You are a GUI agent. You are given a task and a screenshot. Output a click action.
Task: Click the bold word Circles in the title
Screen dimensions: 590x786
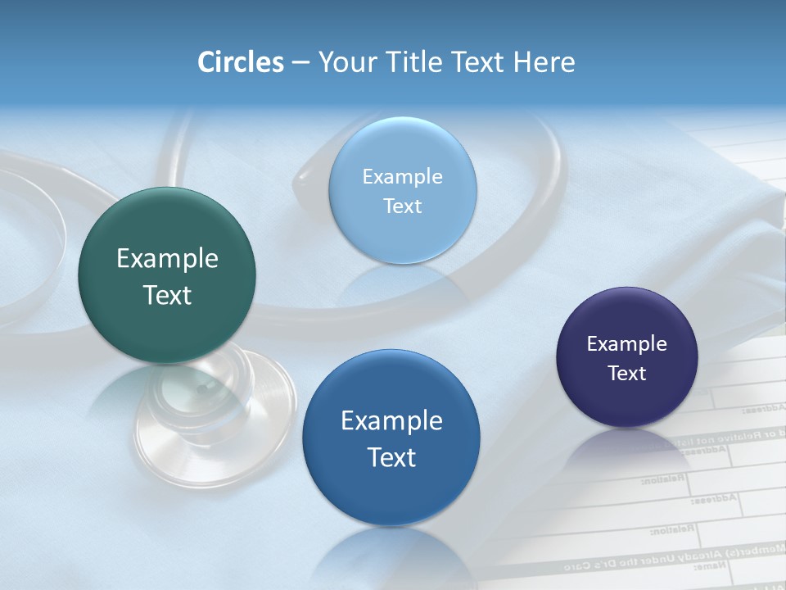tap(241, 62)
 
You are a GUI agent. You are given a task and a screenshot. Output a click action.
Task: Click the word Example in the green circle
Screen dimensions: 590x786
tap(167, 259)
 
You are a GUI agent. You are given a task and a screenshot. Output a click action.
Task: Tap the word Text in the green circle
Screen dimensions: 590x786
tap(167, 296)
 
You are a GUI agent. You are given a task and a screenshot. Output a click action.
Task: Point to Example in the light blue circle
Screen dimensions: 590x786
tap(403, 177)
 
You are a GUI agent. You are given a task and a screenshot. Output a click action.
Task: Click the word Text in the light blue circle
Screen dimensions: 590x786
tap(403, 206)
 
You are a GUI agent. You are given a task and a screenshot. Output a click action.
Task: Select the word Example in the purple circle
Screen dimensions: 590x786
tap(627, 344)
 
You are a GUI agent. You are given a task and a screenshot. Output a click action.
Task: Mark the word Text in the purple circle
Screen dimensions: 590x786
tap(627, 374)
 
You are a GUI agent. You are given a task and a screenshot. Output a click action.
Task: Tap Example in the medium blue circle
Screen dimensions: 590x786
tap(391, 421)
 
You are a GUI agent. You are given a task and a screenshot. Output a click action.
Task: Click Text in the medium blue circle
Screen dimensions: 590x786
tap(391, 457)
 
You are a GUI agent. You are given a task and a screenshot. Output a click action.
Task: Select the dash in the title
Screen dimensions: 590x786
tap(300, 62)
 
